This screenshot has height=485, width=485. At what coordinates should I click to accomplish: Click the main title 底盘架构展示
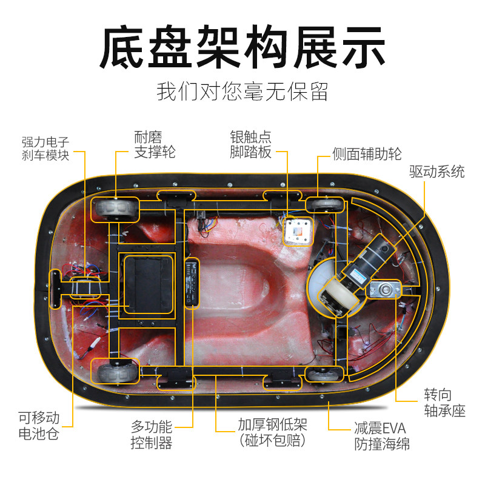tap(242, 47)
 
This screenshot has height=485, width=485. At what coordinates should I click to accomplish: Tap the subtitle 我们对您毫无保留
tap(242, 92)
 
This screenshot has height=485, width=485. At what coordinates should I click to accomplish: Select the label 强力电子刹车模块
tap(45, 149)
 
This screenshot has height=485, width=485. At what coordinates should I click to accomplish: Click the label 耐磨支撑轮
tap(155, 145)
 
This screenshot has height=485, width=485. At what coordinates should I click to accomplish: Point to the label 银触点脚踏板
tap(250, 145)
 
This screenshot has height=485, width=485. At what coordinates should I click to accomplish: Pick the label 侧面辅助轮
tap(367, 154)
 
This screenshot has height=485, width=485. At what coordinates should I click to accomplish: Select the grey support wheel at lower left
tap(115, 371)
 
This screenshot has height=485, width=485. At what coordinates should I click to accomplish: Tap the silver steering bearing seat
tap(384, 289)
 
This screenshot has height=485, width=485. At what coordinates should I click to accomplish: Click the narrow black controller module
tap(192, 283)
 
